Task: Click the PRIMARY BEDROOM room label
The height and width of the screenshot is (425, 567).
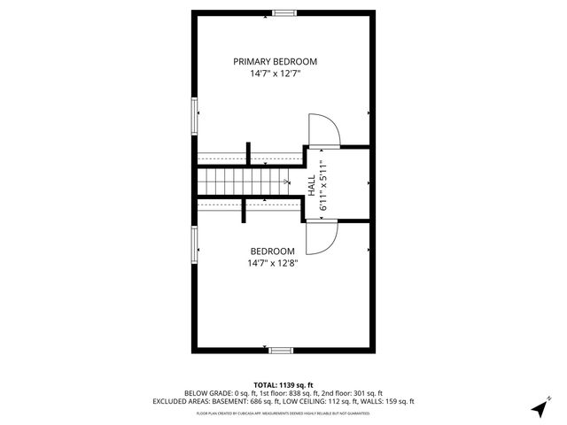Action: (275, 61)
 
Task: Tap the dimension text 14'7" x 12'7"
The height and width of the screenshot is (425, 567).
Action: (275, 74)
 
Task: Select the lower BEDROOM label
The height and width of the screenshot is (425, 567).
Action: (272, 251)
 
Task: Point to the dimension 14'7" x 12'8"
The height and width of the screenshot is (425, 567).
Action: (272, 263)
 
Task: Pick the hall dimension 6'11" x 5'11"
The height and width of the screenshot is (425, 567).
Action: (324, 184)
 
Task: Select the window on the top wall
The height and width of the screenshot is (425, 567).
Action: (284, 12)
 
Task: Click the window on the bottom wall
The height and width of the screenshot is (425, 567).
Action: (281, 351)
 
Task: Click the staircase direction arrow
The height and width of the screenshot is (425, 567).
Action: (284, 182)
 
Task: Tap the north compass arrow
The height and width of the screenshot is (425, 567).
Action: (539, 408)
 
